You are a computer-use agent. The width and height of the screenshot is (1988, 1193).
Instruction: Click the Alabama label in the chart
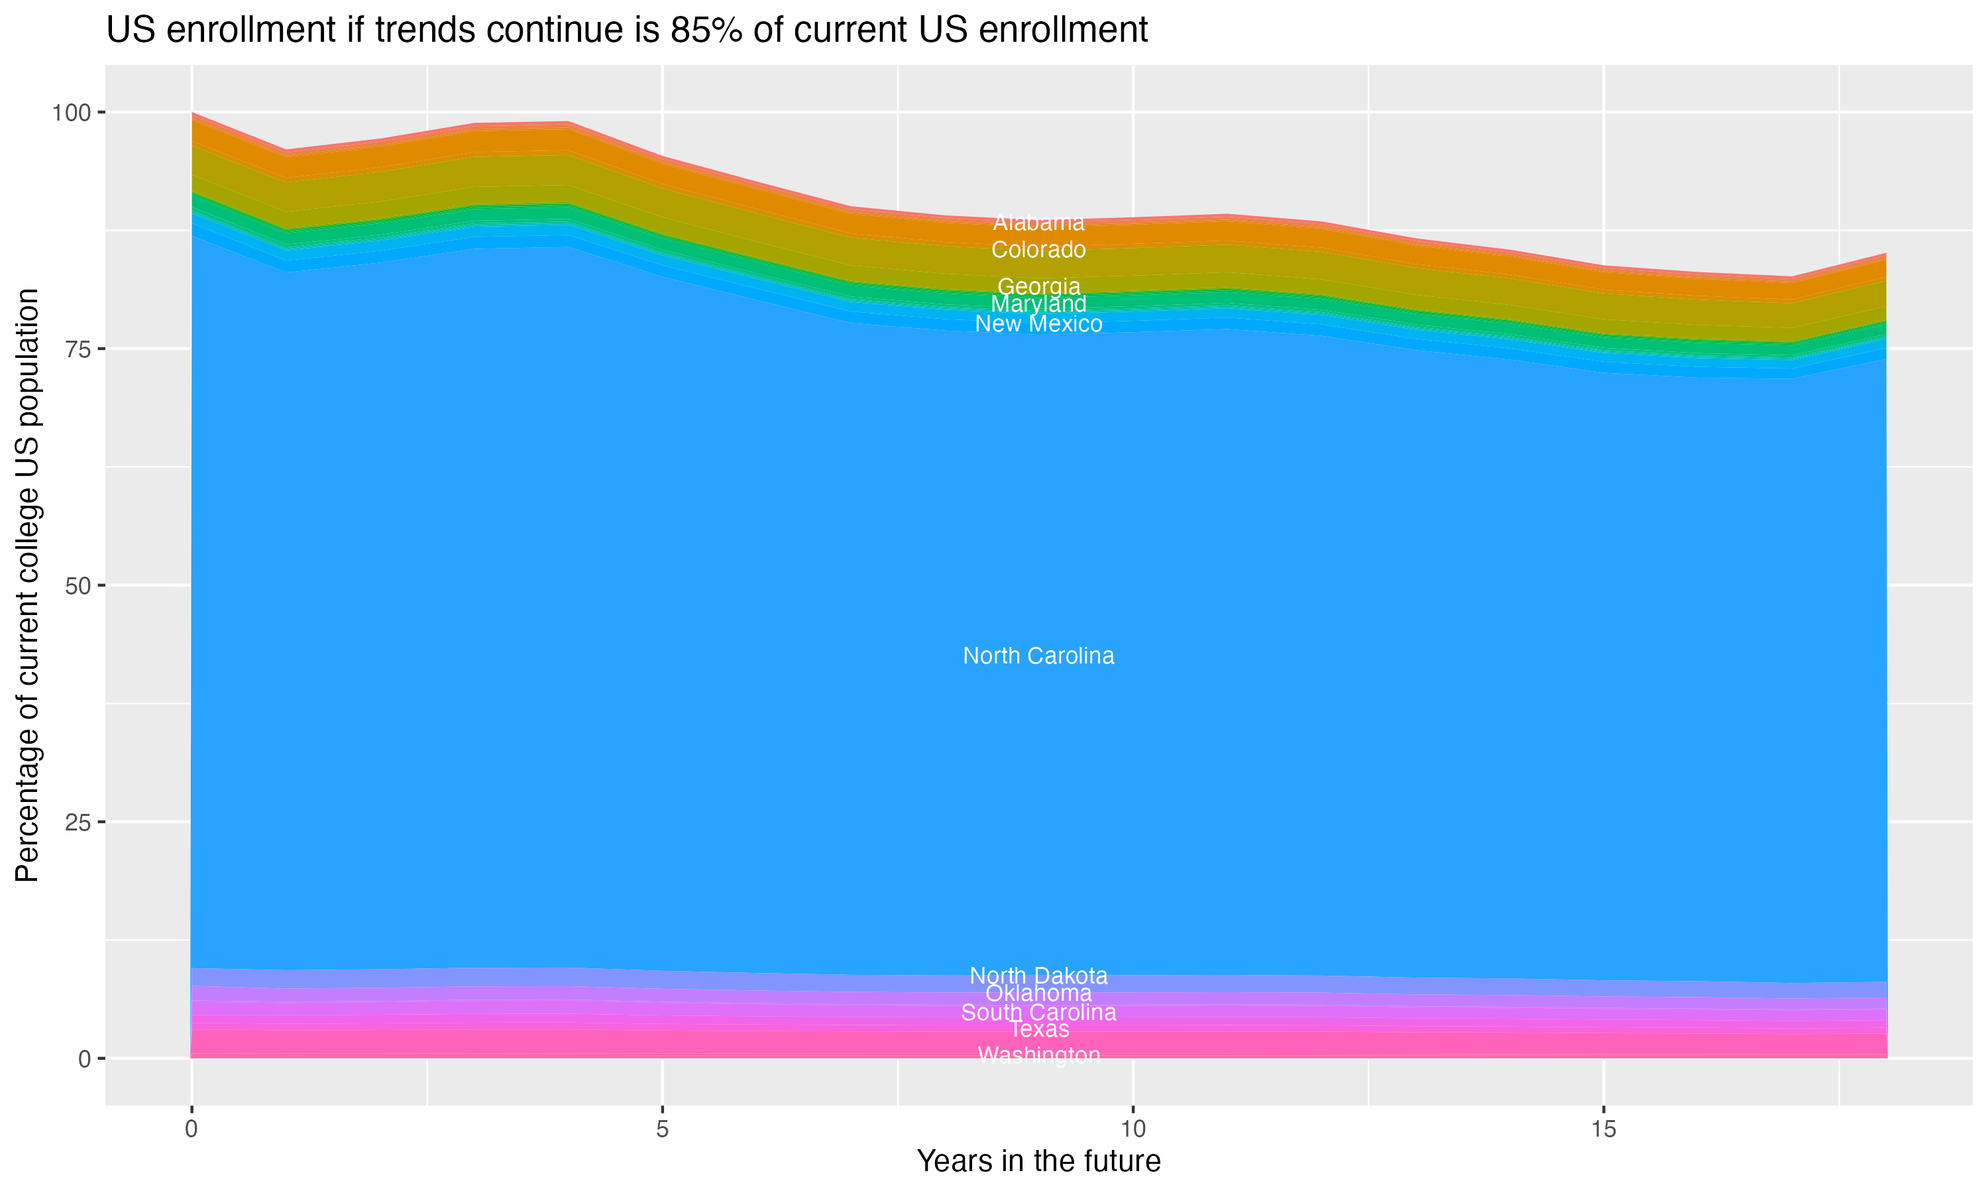1038,223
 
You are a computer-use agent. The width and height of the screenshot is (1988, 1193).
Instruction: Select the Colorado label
1038,250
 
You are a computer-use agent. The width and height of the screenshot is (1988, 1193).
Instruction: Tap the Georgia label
1038,286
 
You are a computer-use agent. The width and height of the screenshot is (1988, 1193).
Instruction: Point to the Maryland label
1038,304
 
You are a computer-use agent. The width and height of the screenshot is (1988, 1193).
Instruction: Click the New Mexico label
1038,324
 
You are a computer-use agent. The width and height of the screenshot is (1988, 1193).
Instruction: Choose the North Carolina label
1038,656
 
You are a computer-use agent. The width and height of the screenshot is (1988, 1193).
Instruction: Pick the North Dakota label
1038,976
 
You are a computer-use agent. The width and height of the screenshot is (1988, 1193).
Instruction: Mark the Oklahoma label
1038,994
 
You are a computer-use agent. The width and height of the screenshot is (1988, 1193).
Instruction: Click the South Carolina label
1038,1013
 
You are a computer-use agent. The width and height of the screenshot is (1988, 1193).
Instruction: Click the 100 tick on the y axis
71,113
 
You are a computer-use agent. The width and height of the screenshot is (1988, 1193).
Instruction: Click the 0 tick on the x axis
192,1129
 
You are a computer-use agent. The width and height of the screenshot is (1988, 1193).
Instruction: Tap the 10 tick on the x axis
1132,1129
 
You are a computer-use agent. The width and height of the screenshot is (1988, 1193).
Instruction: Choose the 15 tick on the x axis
1603,1129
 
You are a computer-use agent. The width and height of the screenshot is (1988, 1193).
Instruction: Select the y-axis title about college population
27,585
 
